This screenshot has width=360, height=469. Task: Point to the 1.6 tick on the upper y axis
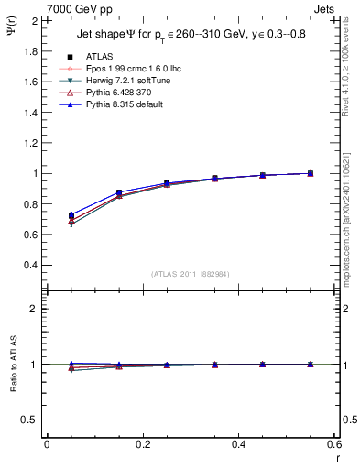tap(29, 82)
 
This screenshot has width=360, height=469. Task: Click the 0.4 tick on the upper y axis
tap(29, 265)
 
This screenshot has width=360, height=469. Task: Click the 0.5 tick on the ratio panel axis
tap(29, 420)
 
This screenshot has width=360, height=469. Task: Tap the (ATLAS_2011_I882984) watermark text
tap(190, 273)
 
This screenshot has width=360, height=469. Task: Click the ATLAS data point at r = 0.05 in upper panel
tap(71, 216)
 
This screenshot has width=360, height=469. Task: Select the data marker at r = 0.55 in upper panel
tap(311, 173)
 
